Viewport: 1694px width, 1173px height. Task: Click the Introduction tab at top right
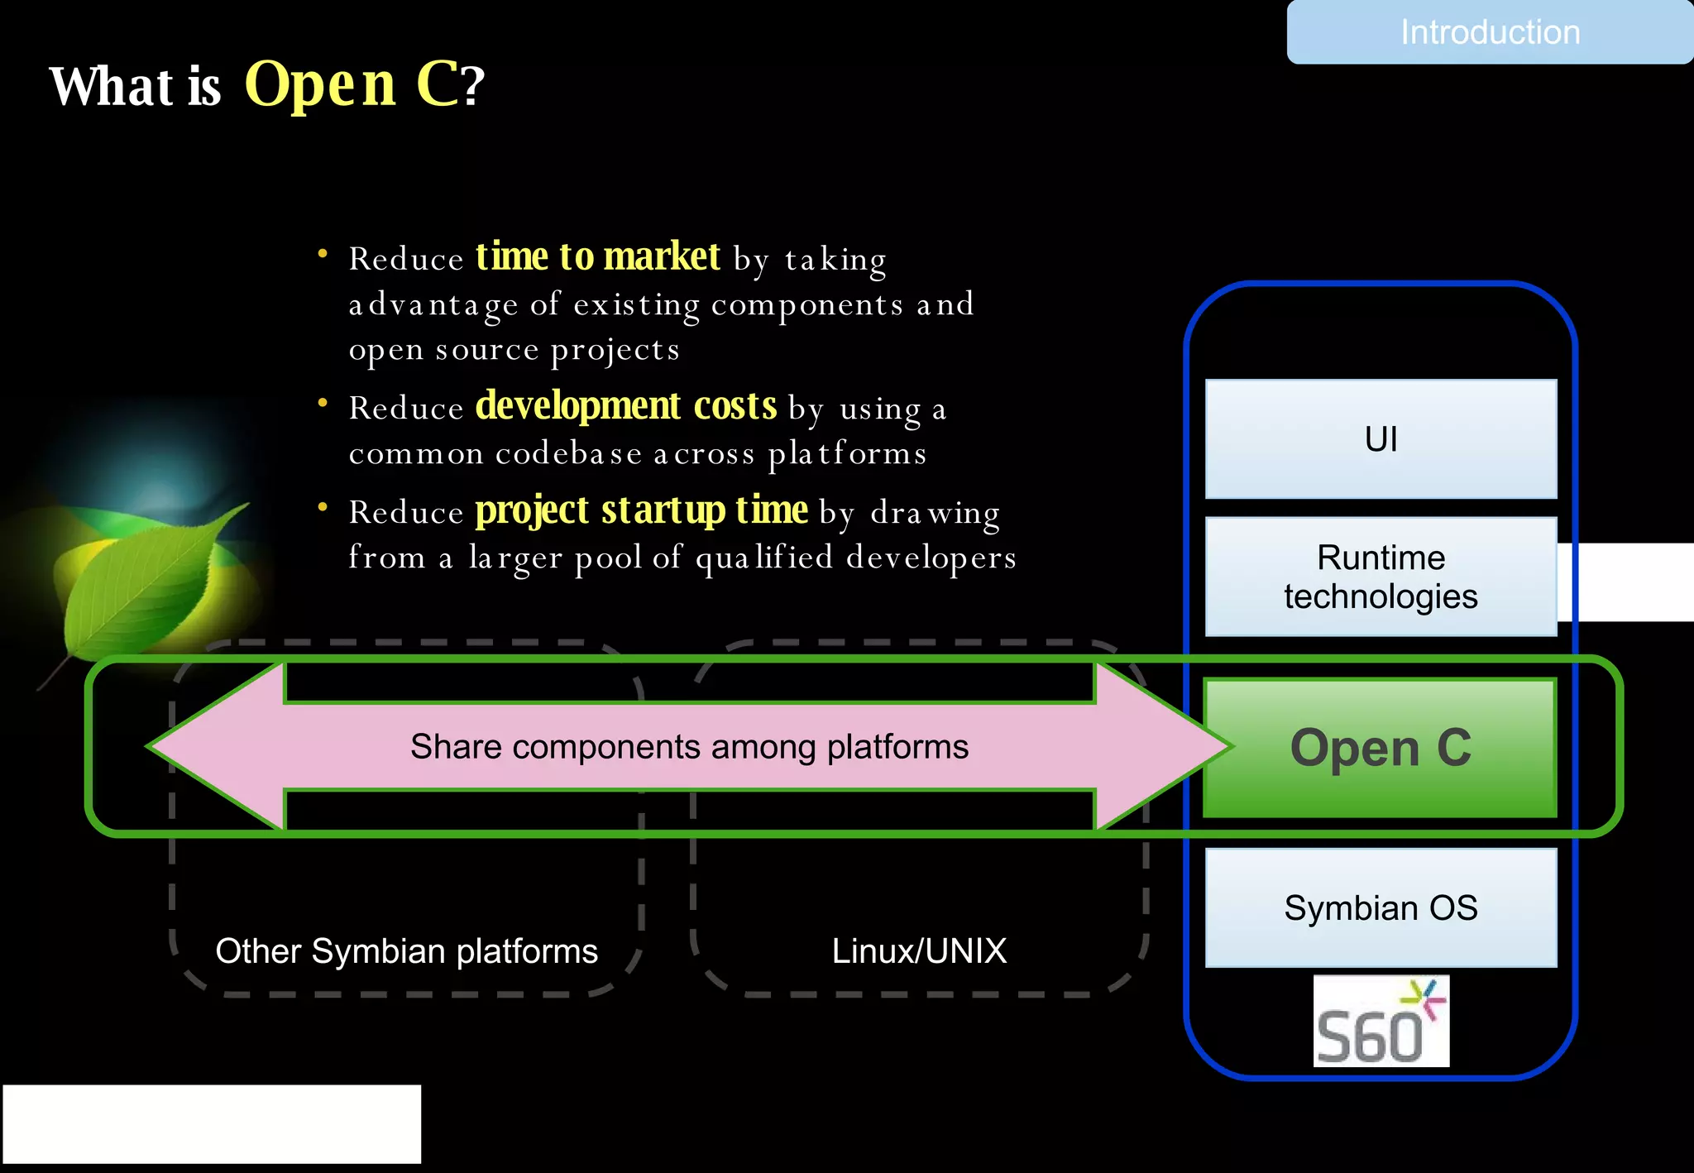1489,32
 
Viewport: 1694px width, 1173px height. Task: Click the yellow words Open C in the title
352,84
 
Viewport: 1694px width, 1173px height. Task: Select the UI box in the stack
1381,439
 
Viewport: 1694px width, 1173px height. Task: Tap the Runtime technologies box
1381,577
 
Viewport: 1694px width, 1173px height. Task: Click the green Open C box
1381,748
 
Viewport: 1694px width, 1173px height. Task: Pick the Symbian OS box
1381,907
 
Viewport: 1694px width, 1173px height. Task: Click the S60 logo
1381,1022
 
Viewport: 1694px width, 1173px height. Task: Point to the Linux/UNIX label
919,951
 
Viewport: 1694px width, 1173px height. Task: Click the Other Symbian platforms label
406,951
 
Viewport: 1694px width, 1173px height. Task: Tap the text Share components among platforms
689,747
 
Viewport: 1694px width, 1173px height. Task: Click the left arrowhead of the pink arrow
207,746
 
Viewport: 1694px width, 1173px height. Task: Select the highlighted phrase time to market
597,256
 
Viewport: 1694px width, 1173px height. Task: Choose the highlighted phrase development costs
625,406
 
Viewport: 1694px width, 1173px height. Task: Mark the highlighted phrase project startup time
641,510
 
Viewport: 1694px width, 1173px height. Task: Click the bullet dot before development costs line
323,404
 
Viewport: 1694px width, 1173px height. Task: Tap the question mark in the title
473,86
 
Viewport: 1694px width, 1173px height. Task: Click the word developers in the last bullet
931,558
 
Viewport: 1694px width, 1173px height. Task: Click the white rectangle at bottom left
212,1124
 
